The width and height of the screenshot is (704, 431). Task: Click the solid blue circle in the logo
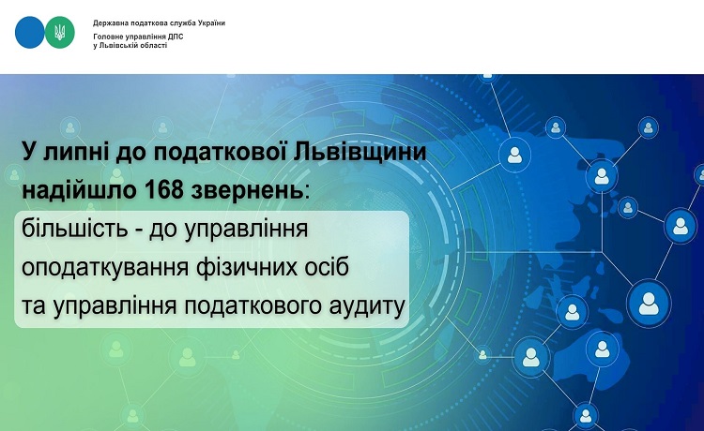pos(30,32)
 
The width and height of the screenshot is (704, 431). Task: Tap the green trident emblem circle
pos(60,32)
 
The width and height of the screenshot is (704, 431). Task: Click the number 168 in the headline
pos(164,190)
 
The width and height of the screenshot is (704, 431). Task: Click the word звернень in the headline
pos(247,191)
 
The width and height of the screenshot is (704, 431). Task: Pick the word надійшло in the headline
pos(80,190)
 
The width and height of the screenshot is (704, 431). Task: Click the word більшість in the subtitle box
pos(74,229)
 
